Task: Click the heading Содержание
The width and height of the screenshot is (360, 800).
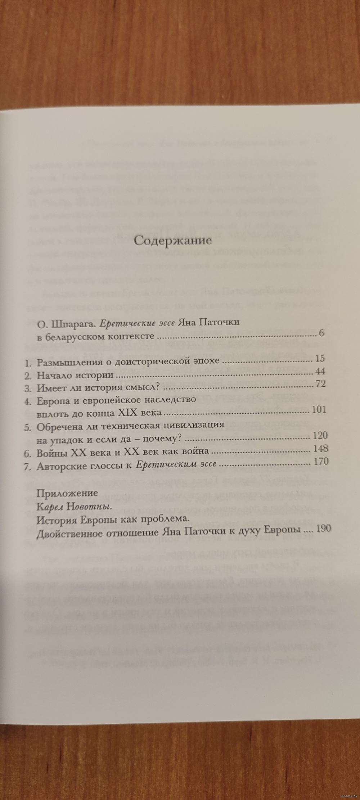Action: pyautogui.click(x=172, y=241)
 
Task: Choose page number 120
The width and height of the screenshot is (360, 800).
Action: pyautogui.click(x=319, y=436)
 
